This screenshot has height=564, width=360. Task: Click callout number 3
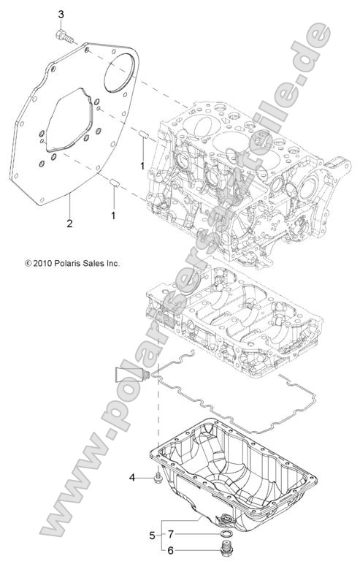61,14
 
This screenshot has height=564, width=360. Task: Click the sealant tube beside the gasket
130,377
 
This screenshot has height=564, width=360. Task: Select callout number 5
152,536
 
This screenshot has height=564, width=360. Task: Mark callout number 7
171,534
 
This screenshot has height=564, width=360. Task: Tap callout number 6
171,552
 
